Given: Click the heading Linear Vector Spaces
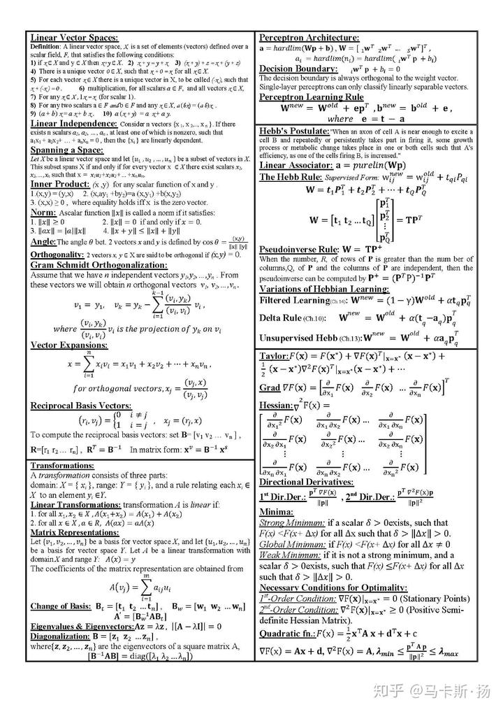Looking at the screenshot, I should click(x=73, y=38).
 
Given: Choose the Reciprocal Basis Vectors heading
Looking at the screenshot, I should click(x=80, y=405).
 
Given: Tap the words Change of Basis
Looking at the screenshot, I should click(x=59, y=606).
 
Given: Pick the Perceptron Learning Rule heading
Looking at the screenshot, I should click(x=312, y=97).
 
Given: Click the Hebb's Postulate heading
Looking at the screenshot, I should click(x=291, y=131).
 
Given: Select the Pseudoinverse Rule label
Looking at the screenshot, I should click(x=298, y=249).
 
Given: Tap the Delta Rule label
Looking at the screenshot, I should click(x=281, y=318).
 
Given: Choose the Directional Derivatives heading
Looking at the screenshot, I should click(x=306, y=482).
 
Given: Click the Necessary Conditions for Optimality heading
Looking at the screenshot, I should click(x=333, y=588).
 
